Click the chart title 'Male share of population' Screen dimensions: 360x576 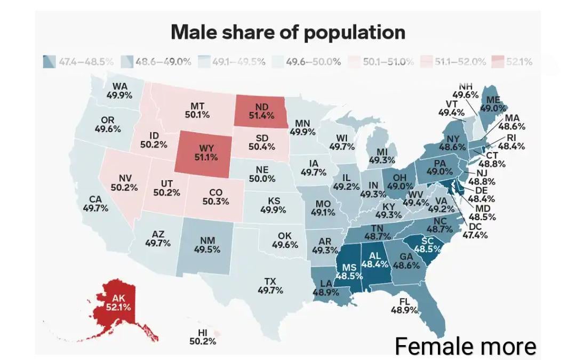tap(288, 33)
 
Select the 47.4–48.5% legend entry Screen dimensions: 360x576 tap(78, 61)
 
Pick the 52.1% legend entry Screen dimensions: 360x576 tap(512, 61)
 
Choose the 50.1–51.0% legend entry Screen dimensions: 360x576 tap(381, 61)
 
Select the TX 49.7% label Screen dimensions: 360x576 tap(270, 286)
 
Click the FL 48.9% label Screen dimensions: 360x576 tap(404, 306)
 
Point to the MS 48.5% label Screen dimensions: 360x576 tap(349, 271)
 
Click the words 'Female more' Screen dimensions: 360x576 tap(465, 347)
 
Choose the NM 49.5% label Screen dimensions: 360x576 tap(207, 245)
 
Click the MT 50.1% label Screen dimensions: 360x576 tap(197, 110)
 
